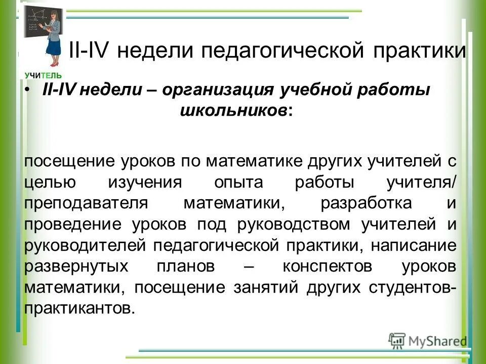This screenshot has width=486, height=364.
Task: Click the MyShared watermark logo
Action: click(428, 340)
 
